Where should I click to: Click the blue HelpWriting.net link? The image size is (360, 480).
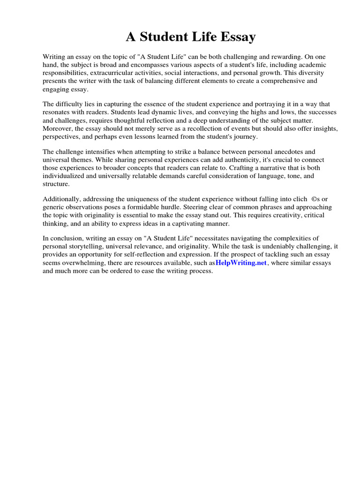point(241,263)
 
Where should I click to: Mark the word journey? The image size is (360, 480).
point(244,136)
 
